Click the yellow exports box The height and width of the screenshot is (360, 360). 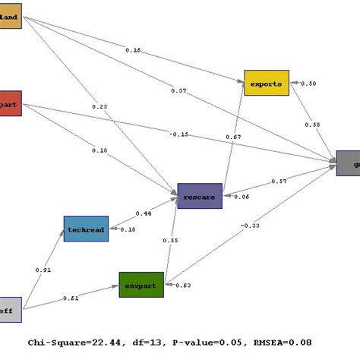pyautogui.click(x=266, y=83)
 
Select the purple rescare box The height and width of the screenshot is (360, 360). pyautogui.click(x=199, y=196)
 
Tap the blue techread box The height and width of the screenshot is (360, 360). pyautogui.click(x=85, y=229)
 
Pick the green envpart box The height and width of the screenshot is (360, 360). pyautogui.click(x=141, y=285)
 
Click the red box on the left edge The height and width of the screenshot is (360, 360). pyautogui.click(x=11, y=103)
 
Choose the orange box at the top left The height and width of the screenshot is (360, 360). pyautogui.click(x=11, y=16)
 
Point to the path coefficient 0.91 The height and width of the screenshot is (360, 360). pyautogui.click(x=43, y=269)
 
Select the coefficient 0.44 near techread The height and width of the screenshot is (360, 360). pyautogui.click(x=142, y=213)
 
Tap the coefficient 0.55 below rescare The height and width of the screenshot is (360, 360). pyautogui.click(x=171, y=240)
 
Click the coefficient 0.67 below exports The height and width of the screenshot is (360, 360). pyautogui.click(x=233, y=137)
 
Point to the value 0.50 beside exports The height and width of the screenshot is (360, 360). pyautogui.click(x=310, y=84)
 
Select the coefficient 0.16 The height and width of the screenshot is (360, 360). pyautogui.click(x=133, y=51)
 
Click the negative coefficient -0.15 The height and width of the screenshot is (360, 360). pyautogui.click(x=179, y=134)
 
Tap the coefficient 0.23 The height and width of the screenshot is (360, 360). pyautogui.click(x=99, y=107)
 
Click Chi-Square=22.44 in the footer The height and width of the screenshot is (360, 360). pyautogui.click(x=71, y=343)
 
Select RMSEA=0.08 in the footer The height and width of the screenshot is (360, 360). pyautogui.click(x=276, y=343)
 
